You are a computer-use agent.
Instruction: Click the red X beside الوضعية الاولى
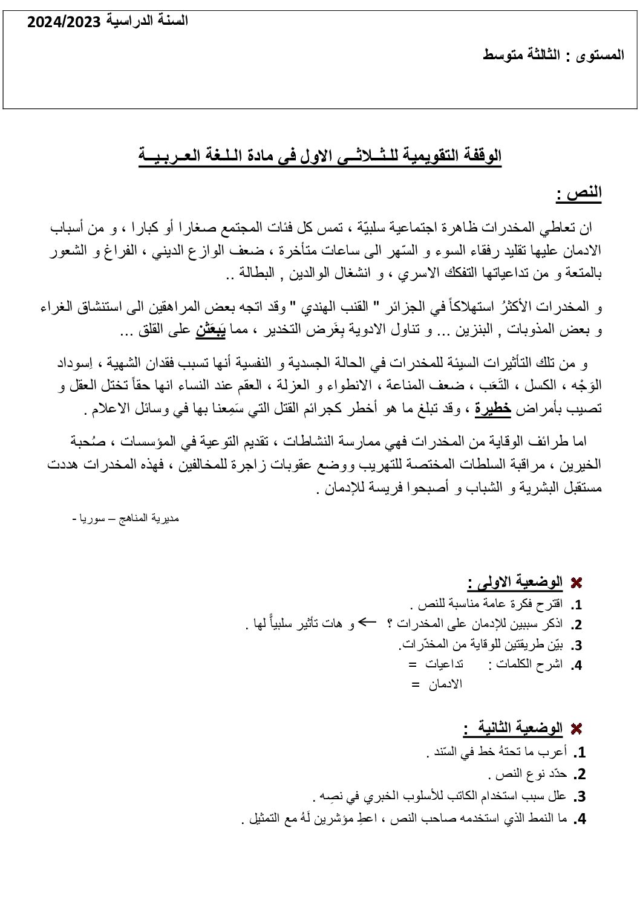tap(576, 583)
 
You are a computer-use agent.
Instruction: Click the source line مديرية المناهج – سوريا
tap(126, 519)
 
